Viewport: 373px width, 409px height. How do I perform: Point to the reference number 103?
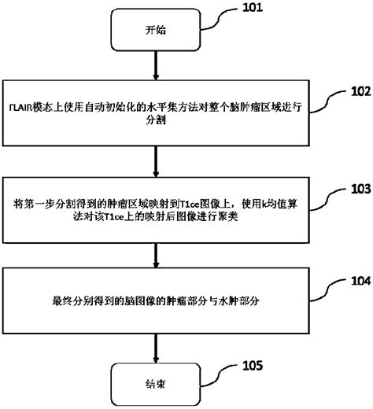352,190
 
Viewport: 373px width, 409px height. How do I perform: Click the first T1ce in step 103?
189,204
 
